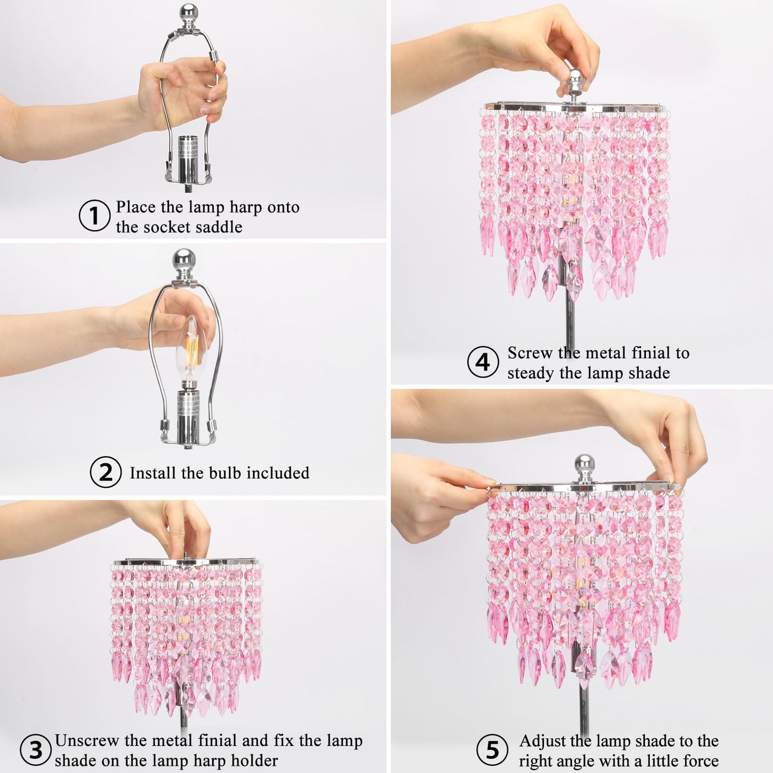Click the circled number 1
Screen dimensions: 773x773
click(x=94, y=215)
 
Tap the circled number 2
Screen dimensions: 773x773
click(x=105, y=472)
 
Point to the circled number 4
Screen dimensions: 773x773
click(x=483, y=362)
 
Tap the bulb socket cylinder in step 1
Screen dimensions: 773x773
click(x=188, y=161)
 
